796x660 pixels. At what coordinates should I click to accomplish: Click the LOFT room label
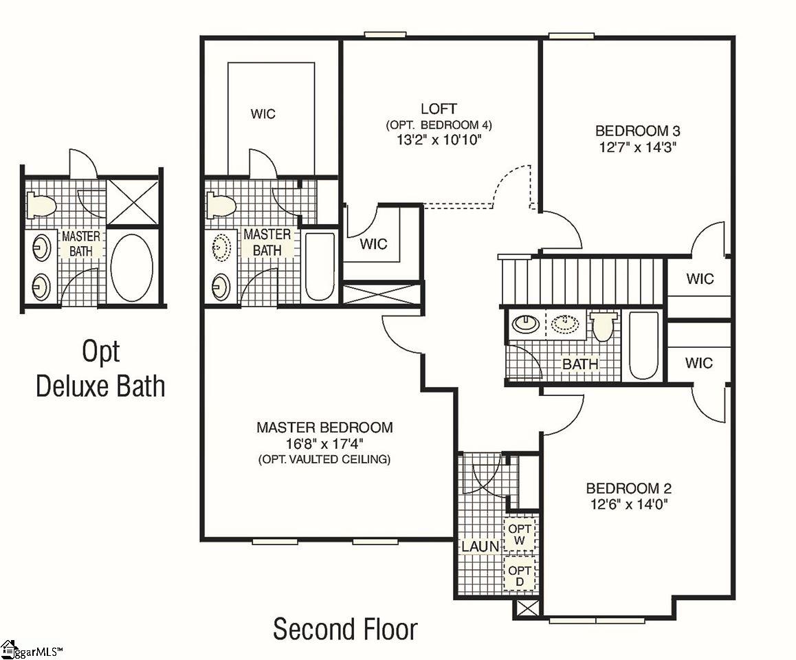439,109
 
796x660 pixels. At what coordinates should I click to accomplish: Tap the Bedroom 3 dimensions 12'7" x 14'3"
638,147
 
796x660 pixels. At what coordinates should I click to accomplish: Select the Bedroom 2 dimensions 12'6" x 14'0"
628,504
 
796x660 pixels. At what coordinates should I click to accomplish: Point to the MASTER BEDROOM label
324,428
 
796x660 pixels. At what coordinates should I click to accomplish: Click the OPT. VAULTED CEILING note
324,459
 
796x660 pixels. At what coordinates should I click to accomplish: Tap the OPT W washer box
520,535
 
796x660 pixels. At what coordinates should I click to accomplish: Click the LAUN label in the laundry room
480,547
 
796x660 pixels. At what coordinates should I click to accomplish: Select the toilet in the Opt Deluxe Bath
41,205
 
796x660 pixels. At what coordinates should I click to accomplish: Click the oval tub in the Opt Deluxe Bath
131,269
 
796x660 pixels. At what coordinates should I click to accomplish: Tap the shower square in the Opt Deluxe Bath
133,201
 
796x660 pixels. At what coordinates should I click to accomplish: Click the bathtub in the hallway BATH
643,344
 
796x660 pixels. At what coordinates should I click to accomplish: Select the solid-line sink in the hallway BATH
525,323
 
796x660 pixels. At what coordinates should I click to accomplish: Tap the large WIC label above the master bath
263,113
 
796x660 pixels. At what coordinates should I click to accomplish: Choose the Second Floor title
345,629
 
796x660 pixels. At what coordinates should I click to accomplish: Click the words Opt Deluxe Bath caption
100,368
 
